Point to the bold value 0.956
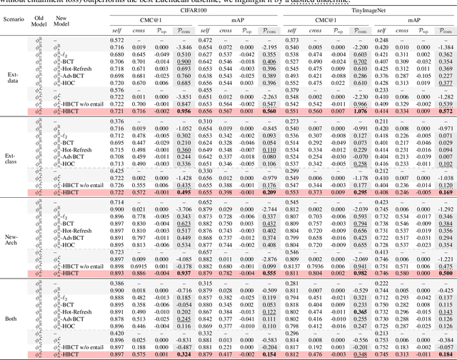coord(184,111)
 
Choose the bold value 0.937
coord(184,272)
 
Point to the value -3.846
coord(184,45)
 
